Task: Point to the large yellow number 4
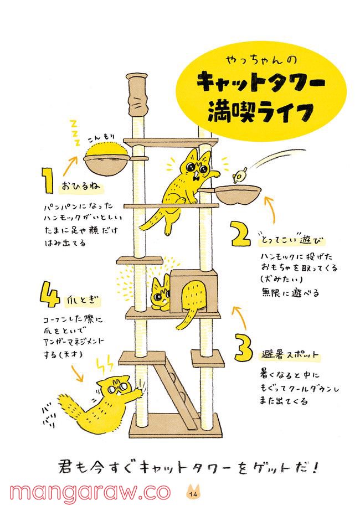click(x=50, y=295)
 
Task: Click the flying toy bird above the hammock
click(x=240, y=176)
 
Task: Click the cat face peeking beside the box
click(x=160, y=293)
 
